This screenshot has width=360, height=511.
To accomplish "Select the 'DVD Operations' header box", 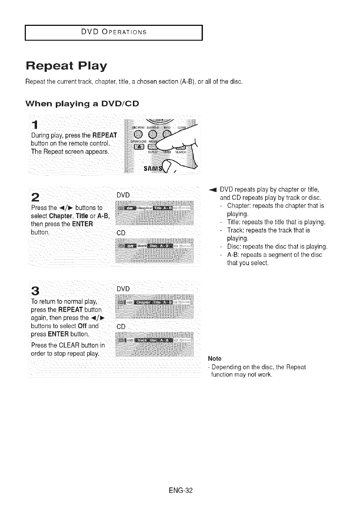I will click(x=114, y=32).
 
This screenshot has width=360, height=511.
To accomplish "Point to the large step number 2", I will click(x=35, y=197).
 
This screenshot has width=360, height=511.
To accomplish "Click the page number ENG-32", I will click(x=180, y=490).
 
